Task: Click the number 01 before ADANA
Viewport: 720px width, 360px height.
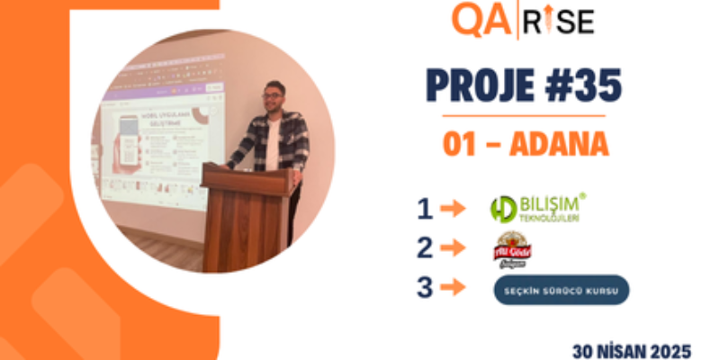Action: pos(462,144)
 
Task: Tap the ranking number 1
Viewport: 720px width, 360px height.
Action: pos(425,209)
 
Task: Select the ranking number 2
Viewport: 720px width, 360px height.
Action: pos(425,248)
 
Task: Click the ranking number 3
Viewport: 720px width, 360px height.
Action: pos(425,289)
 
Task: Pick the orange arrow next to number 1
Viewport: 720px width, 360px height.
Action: pos(454,209)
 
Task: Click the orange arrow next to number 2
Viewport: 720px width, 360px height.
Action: pos(454,248)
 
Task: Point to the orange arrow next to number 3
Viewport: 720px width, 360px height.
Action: pos(454,289)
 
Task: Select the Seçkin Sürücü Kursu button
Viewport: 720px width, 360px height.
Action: pos(561,289)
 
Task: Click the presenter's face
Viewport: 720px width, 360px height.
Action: pos(273,98)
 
